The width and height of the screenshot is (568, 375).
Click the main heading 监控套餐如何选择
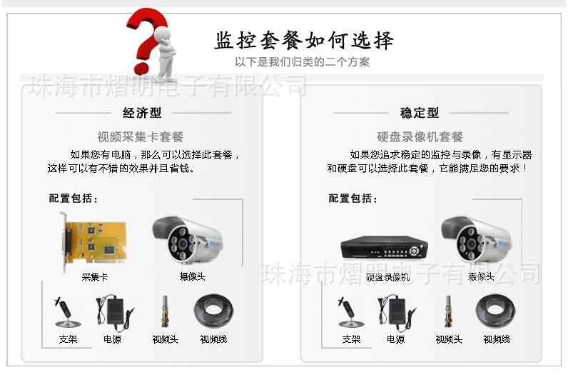point(304,40)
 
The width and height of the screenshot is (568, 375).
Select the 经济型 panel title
point(143,113)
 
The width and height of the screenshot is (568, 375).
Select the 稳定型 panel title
point(420,113)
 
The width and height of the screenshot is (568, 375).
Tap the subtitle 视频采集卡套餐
point(141,136)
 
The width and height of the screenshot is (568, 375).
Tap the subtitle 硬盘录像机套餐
point(420,136)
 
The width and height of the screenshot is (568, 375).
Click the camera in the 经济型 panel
point(189,237)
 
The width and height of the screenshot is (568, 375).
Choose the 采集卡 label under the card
point(94,276)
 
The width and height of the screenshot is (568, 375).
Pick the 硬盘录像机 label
point(387,276)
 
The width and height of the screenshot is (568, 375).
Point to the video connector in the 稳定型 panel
point(449,311)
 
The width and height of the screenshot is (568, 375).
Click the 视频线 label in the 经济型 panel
point(213,339)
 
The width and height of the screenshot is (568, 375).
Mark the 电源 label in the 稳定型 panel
point(395,339)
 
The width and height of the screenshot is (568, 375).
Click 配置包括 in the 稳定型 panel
point(353,198)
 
